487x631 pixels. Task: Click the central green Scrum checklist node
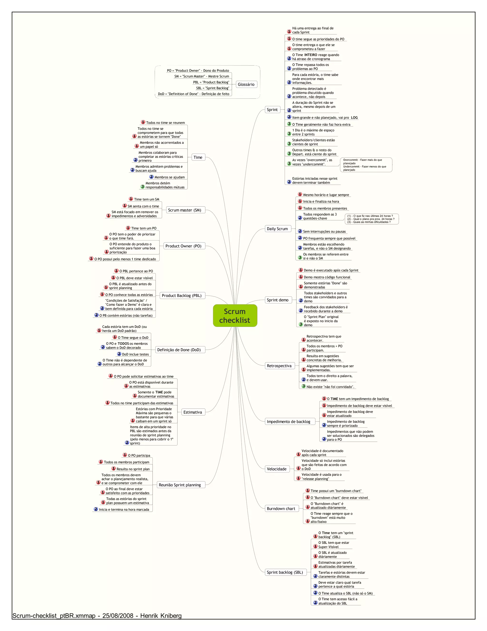[x=235, y=315]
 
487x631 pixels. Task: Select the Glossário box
[x=246, y=84]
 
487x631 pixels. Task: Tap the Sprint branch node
[x=272, y=110]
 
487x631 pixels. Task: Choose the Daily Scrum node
[x=277, y=229]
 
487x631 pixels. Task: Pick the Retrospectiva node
[x=279, y=366]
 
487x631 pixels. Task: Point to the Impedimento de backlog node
[x=288, y=421]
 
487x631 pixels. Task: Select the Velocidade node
[x=277, y=469]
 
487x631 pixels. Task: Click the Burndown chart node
[x=281, y=509]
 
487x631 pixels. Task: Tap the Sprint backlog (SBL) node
[x=285, y=572]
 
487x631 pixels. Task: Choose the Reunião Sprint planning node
[x=180, y=485]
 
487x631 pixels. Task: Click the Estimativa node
[x=193, y=412]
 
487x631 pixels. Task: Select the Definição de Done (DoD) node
[x=179, y=350]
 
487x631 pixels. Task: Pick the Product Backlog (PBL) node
[x=182, y=295]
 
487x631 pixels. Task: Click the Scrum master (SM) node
[x=185, y=210]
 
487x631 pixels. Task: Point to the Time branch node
[x=198, y=157]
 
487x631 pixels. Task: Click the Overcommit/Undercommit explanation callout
[x=365, y=165]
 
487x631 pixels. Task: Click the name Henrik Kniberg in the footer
[x=161, y=616]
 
